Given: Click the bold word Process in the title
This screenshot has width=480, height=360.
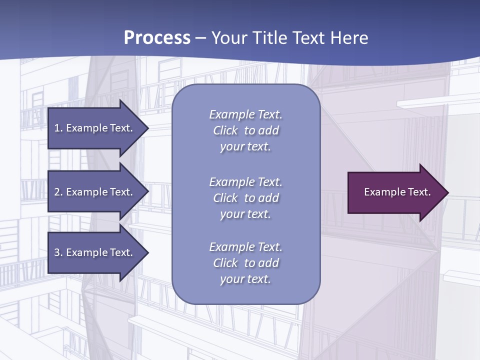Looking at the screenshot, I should (157, 38).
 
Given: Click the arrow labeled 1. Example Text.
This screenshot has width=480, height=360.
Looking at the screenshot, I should (95, 128).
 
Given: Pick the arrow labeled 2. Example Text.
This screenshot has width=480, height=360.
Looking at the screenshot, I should (95, 192).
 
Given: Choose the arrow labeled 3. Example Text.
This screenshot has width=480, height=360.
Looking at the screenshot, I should (95, 252).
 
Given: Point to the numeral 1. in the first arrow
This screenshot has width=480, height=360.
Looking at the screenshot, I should (58, 128).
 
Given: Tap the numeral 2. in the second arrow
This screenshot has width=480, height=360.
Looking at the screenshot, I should (58, 192).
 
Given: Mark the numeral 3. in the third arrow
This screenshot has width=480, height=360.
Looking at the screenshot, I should (58, 252).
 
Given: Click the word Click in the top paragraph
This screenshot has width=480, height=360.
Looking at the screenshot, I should (225, 130).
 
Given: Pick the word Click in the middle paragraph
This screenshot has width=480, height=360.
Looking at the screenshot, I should (225, 198).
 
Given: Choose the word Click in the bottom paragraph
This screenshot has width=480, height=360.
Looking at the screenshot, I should (225, 263).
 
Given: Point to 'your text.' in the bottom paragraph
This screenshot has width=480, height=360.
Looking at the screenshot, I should (245, 279).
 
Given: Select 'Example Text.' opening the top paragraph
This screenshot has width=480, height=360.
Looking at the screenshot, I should (245, 114).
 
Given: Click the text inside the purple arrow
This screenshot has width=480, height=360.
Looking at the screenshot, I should (397, 192).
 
